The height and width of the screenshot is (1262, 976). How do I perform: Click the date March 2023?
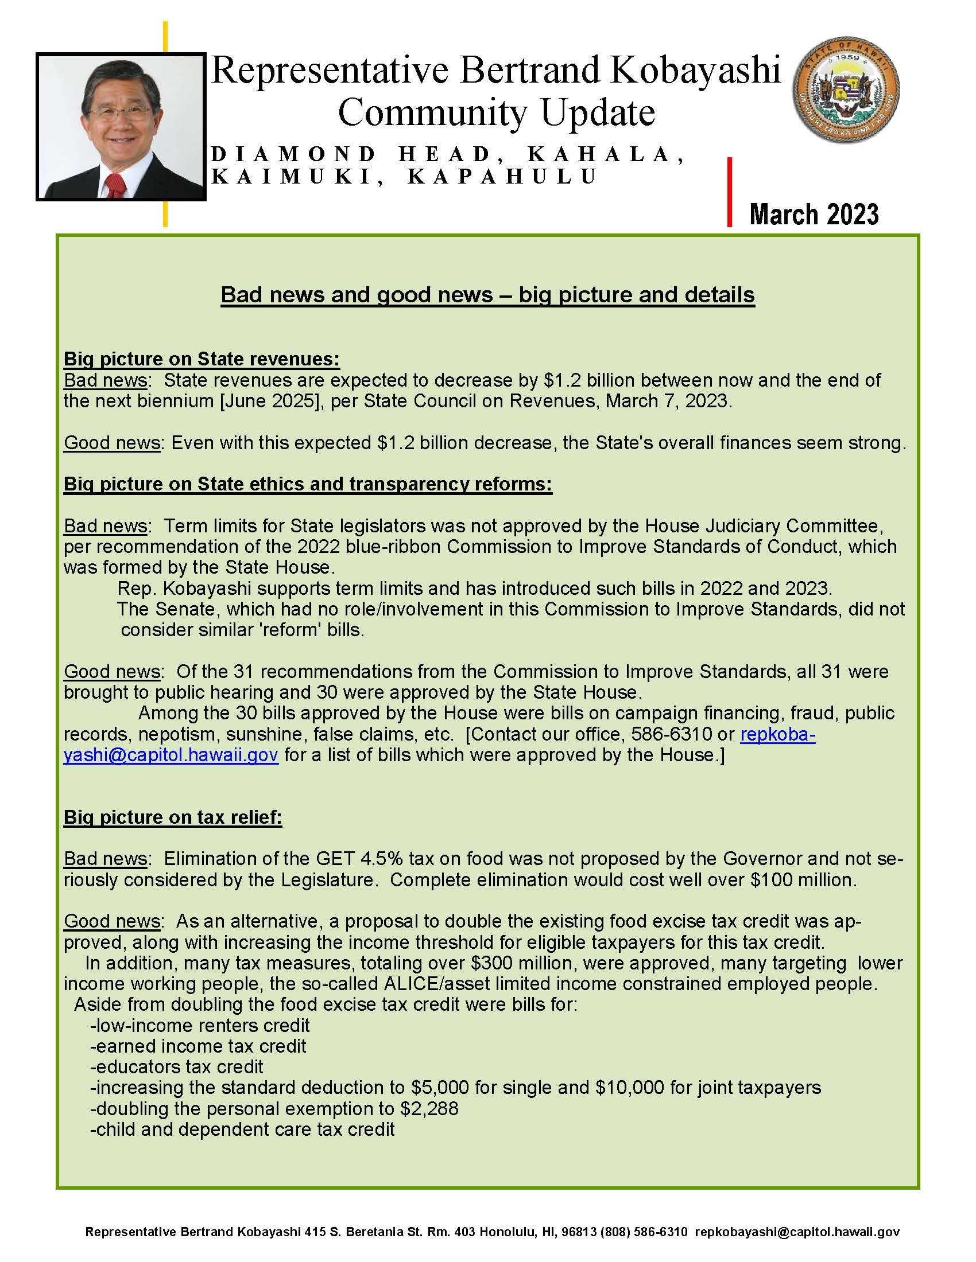pos(814,214)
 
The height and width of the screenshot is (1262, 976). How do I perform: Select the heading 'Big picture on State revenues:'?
pos(201,359)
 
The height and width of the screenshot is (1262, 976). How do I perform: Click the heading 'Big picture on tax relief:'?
pos(172,817)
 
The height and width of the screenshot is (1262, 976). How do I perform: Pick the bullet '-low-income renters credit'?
pos(199,1025)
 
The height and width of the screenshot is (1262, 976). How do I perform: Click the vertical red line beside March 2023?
pos(730,192)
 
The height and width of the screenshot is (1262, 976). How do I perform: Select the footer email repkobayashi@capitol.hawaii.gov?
pos(797,1232)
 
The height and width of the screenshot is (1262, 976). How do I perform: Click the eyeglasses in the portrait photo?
pos(120,112)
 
